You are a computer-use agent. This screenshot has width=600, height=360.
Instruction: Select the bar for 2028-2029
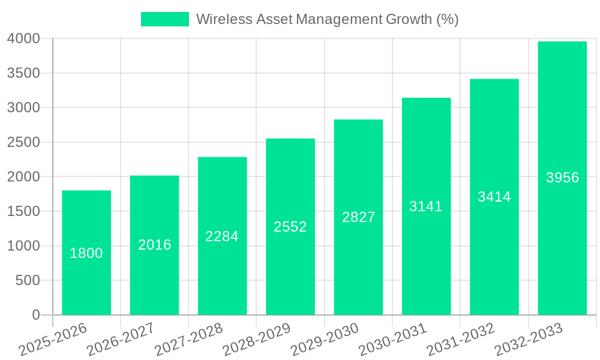pos(290,270)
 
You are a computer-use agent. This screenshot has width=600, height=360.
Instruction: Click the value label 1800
pos(86,253)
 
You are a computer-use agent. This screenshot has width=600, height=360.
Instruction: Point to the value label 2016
pos(155,245)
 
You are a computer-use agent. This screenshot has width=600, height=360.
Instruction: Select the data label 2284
pos(222,236)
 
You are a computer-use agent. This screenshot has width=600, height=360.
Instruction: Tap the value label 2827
pos(358,217)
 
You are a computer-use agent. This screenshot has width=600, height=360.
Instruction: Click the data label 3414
pos(494,196)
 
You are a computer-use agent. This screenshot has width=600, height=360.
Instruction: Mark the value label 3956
pos(562,178)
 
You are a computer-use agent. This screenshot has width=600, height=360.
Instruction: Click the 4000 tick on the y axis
pos(23,38)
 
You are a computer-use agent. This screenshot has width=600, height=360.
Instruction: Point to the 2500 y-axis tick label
pos(23,142)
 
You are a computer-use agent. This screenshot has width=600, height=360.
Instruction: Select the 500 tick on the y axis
pos(28,280)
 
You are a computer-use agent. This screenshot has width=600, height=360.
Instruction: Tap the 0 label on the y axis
pos(36,315)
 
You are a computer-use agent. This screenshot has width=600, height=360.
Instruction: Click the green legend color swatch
pos(164,19)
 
